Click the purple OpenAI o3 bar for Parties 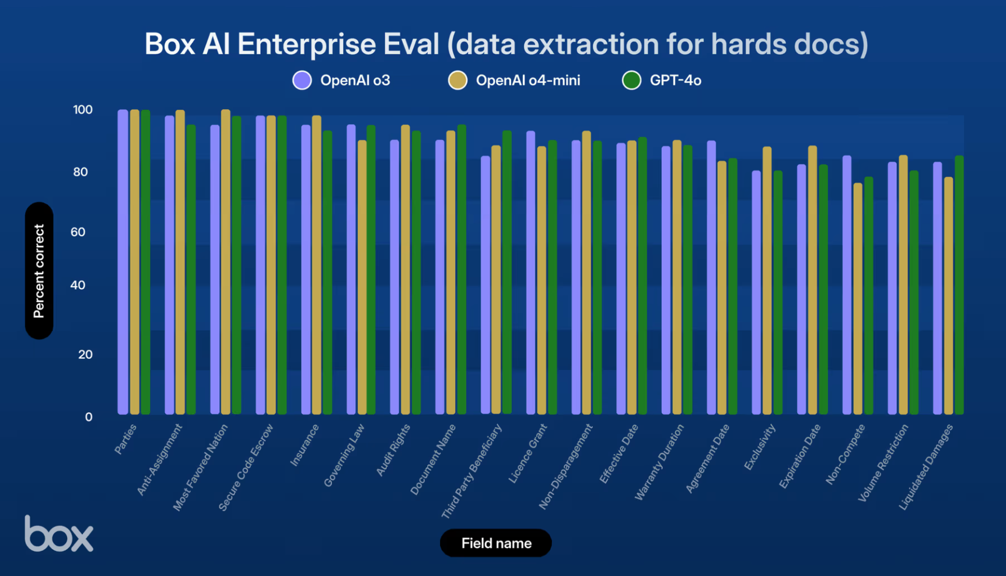point(123,263)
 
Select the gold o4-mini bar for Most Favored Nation point(226,263)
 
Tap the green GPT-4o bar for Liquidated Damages point(959,286)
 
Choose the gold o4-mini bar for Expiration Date point(812,280)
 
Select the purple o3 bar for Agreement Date point(711,278)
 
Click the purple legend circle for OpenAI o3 point(302,81)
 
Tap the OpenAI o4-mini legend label point(528,81)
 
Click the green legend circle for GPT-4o point(631,81)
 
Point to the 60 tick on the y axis point(78,232)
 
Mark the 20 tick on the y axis point(85,354)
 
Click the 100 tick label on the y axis point(82,110)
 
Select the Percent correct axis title point(39,271)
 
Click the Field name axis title point(496,543)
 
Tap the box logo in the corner point(58,534)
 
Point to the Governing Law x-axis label point(345,455)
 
